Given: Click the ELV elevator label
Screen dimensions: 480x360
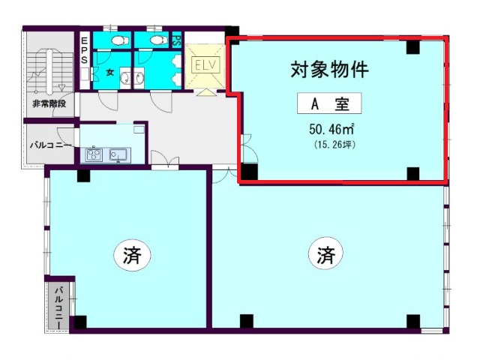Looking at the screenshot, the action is (x=205, y=64).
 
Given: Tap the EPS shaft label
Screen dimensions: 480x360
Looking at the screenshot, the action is (x=85, y=50).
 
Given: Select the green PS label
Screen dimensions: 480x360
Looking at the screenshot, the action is (x=177, y=40).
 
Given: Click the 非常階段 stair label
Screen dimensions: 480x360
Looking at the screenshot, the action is (x=49, y=103).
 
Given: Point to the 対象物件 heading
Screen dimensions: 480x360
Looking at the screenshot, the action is (x=329, y=70).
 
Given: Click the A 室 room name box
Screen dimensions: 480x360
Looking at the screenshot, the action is (x=329, y=103).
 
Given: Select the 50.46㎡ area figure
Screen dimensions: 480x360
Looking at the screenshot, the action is (x=331, y=129).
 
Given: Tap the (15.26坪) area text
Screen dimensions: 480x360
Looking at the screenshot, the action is (x=334, y=145).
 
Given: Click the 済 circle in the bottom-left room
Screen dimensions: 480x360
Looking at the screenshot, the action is (x=132, y=254).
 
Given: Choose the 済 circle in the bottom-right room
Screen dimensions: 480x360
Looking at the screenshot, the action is (x=325, y=253).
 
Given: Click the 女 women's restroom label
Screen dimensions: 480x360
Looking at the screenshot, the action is (x=110, y=73).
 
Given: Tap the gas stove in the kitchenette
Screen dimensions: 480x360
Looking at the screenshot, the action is (x=94, y=154).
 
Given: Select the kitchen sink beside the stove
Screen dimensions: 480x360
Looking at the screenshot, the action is (x=118, y=154).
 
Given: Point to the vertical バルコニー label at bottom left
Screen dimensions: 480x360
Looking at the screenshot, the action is (x=59, y=307).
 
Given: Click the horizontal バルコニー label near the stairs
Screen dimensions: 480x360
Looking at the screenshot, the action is (x=51, y=145).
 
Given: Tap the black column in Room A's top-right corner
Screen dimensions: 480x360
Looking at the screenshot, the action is (x=412, y=47).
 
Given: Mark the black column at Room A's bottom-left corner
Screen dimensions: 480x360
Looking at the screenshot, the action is (x=249, y=172).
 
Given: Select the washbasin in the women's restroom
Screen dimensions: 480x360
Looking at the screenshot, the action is (x=125, y=78).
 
